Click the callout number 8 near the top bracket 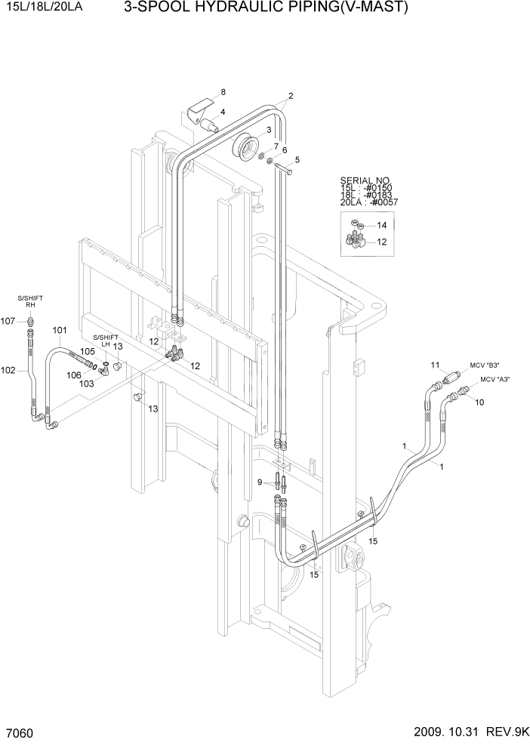pyautogui.click(x=223, y=92)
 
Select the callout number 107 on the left pyautogui.click(x=8, y=321)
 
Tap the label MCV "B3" pyautogui.click(x=485, y=363)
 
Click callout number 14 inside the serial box pyautogui.click(x=381, y=226)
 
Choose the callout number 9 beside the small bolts pyautogui.click(x=260, y=482)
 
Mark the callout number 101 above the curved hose pyautogui.click(x=60, y=330)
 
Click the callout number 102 pyautogui.click(x=8, y=370)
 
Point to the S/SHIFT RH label pyautogui.click(x=31, y=302)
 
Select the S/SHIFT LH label pyautogui.click(x=106, y=340)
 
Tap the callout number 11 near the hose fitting pyautogui.click(x=435, y=365)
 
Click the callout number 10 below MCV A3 pyautogui.click(x=479, y=404)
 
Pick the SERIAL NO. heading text pyautogui.click(x=364, y=180)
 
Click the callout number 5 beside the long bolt pyautogui.click(x=297, y=159)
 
